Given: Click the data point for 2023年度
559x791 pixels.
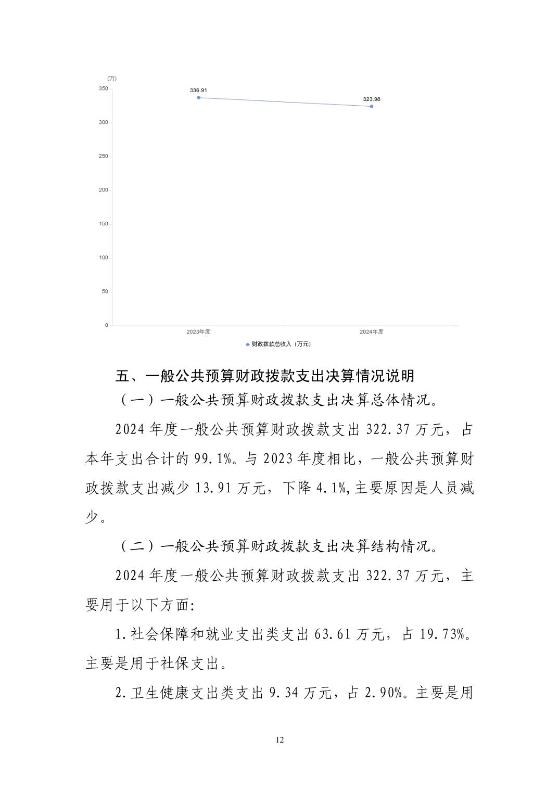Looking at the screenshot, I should coord(198,97).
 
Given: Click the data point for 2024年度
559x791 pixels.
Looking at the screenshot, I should coord(372,106).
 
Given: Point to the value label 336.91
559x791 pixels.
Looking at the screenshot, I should coord(198,90).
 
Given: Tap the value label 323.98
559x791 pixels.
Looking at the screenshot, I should coord(372,99).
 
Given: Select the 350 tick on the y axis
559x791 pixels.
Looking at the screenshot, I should coord(103,88).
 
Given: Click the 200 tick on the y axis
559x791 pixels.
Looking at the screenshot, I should coord(103,190).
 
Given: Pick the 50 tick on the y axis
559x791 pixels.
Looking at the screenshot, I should coord(105,291).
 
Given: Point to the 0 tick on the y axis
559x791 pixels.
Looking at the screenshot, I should coord(106,325).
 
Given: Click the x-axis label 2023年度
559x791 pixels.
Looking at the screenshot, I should coord(198,332).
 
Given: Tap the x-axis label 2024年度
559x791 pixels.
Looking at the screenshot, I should coord(372,332).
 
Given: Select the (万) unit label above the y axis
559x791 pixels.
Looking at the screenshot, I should coord(111,79).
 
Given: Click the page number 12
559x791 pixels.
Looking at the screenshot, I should coord(279,740).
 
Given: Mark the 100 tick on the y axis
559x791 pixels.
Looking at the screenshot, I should coord(103,258).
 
